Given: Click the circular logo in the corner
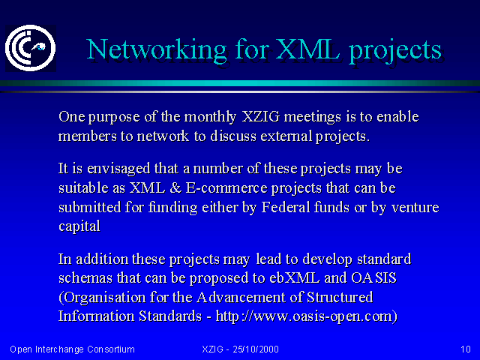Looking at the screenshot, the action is (30, 48).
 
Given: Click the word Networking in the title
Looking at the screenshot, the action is (157, 50).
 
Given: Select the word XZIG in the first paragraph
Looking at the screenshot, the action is (261, 117).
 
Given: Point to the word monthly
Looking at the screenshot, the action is (210, 117).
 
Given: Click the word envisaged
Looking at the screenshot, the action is (118, 169).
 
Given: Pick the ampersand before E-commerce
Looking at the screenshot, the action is (175, 188).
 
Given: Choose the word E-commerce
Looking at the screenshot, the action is (226, 188).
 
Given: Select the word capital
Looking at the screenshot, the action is (79, 227).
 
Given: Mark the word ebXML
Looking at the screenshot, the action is (295, 277).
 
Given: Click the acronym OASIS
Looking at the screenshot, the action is (373, 277).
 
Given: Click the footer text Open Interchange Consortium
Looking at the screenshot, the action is (72, 349).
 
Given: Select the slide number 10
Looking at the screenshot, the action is (466, 349).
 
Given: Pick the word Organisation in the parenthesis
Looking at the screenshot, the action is (102, 298).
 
